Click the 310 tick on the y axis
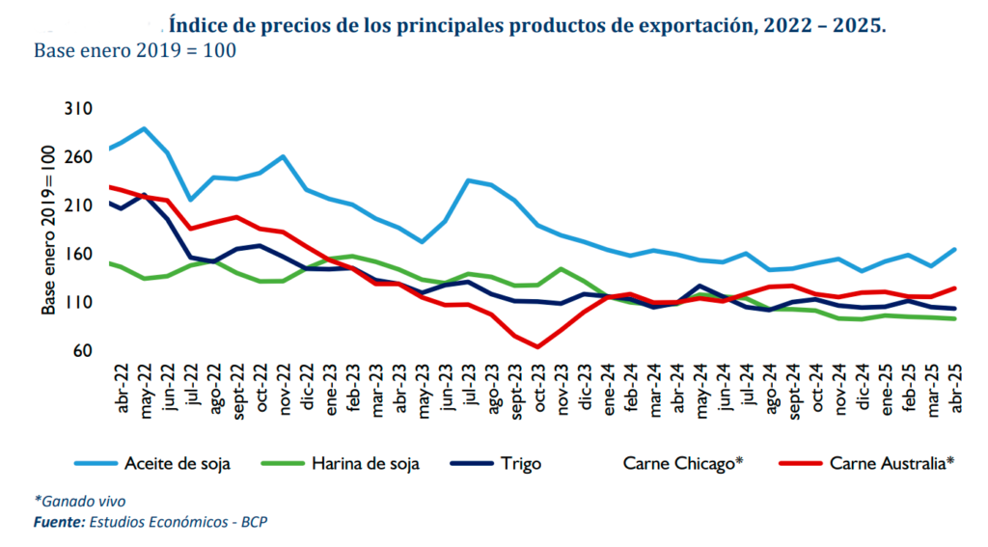click(77, 109)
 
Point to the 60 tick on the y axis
click(82, 350)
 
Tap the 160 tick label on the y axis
click(77, 254)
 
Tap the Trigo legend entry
click(520, 463)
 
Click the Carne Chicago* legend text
click(683, 463)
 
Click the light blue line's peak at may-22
click(144, 128)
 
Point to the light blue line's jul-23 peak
click(468, 180)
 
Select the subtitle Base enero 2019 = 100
click(135, 50)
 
